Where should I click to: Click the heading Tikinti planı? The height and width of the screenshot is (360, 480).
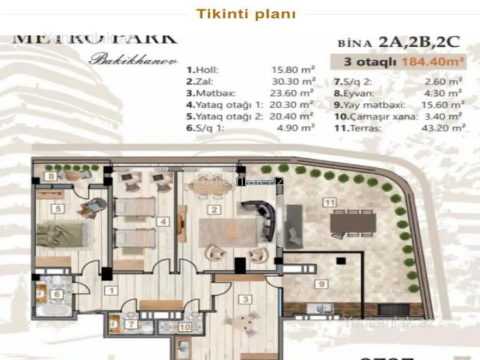point(246,13)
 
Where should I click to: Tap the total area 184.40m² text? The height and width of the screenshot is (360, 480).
point(431,62)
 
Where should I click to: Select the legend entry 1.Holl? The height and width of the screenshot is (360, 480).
point(203,70)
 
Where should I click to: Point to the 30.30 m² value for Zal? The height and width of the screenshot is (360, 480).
point(293,81)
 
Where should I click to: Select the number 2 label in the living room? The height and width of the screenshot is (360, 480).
point(215,210)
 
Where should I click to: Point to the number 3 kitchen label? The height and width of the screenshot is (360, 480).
point(246,298)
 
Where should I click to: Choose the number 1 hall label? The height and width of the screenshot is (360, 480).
point(111,291)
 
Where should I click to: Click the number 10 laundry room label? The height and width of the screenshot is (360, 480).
point(184,327)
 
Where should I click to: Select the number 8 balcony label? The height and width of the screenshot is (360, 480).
point(52,176)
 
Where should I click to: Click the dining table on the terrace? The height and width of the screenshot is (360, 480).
point(353,222)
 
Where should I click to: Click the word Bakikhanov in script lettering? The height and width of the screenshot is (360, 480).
point(133,60)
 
